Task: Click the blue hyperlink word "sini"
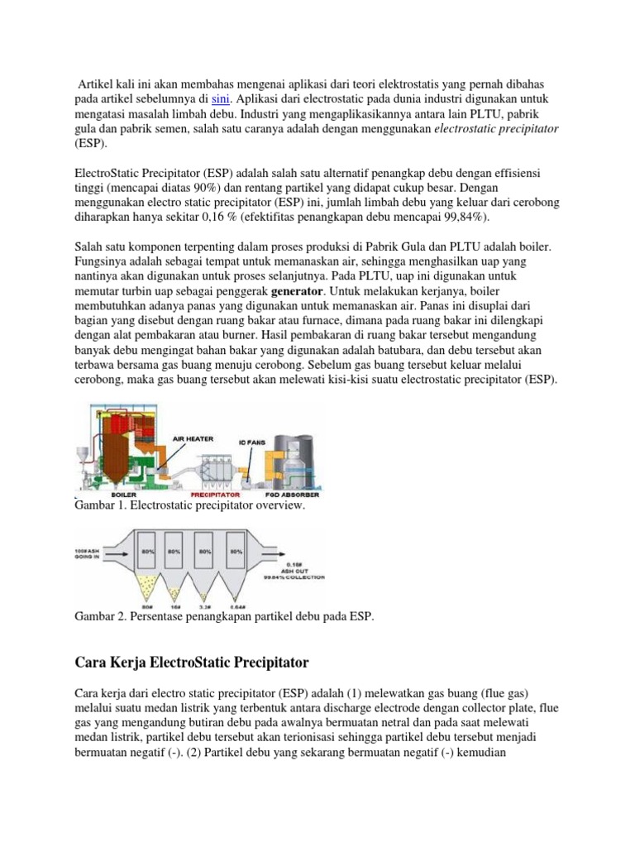click(222, 99)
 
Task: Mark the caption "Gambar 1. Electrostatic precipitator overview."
click(190, 505)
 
